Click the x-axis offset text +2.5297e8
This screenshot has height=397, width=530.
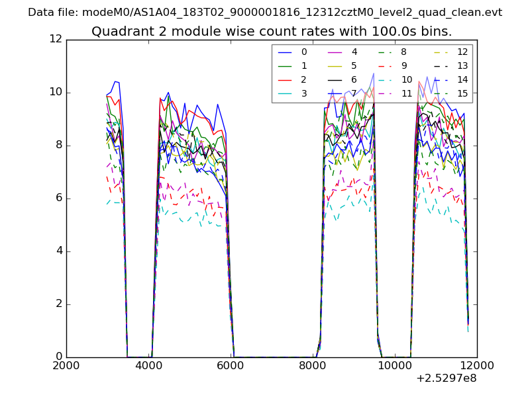coord(446,378)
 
